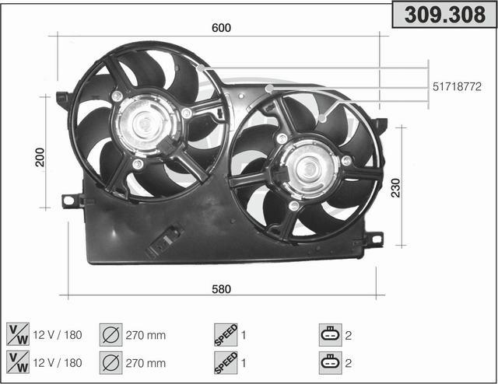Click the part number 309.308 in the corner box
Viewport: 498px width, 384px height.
point(444,15)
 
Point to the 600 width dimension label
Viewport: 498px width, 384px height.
point(221,28)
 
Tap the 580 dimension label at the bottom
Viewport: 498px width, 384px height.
point(221,289)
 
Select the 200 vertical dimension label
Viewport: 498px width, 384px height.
point(40,157)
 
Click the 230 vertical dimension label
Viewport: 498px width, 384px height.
point(396,188)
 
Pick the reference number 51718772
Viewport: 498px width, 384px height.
point(457,86)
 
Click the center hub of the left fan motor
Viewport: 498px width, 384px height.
point(145,124)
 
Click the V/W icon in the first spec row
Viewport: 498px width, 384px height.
point(18,334)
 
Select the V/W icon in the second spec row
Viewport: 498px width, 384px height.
point(18,362)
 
